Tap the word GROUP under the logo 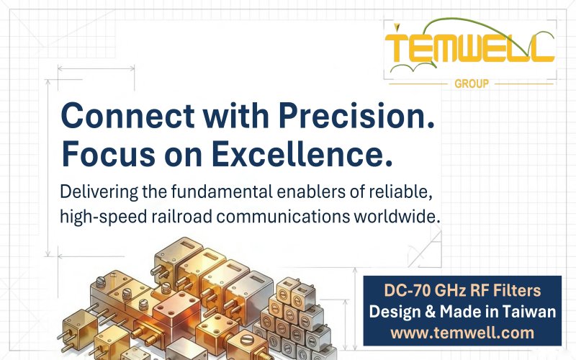[472, 84]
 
